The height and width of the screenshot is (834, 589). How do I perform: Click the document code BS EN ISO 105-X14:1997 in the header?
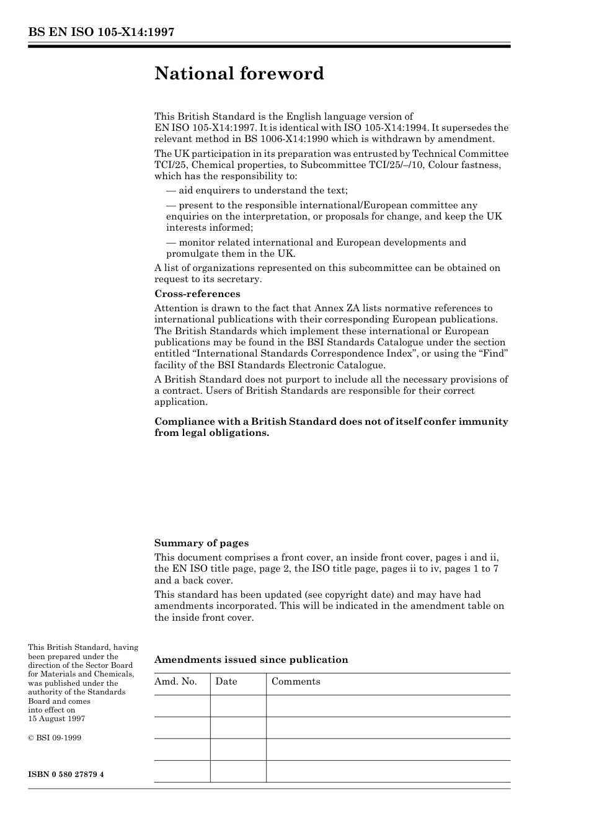100,32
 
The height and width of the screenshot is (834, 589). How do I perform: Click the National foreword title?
239,74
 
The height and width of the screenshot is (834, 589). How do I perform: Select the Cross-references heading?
197,294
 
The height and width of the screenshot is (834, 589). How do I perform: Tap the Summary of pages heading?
201,543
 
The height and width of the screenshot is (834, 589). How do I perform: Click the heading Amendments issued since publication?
251,660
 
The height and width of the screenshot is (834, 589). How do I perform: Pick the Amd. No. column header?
175,681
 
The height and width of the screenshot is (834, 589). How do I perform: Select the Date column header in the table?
226,681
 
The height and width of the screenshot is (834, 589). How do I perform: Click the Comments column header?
296,681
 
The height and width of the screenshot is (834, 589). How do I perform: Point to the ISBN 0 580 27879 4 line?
66,774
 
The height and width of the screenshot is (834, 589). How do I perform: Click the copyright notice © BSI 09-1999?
55,738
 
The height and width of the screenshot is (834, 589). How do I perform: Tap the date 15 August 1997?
56,719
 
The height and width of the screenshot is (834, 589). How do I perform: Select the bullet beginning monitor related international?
316,242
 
